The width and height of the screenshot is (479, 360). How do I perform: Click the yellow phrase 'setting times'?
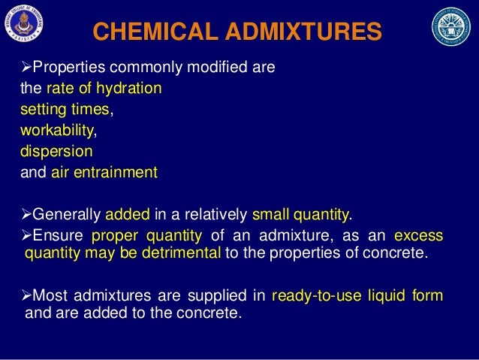(x=65, y=110)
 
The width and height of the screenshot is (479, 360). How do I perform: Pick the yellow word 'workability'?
(x=59, y=131)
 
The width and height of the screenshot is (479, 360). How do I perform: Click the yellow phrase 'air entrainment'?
(x=104, y=173)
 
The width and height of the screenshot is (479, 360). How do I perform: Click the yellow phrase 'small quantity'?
(x=301, y=215)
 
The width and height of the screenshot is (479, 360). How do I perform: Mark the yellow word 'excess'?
(x=418, y=237)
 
